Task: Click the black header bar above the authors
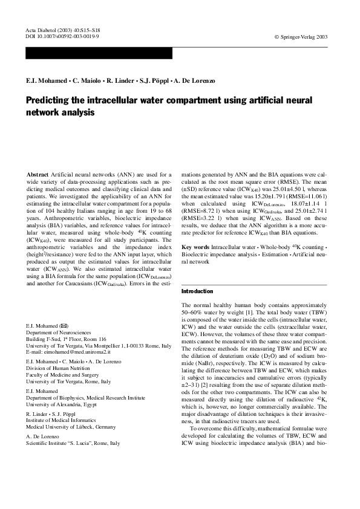tap(99, 54)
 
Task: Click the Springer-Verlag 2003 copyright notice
tap(301, 36)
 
